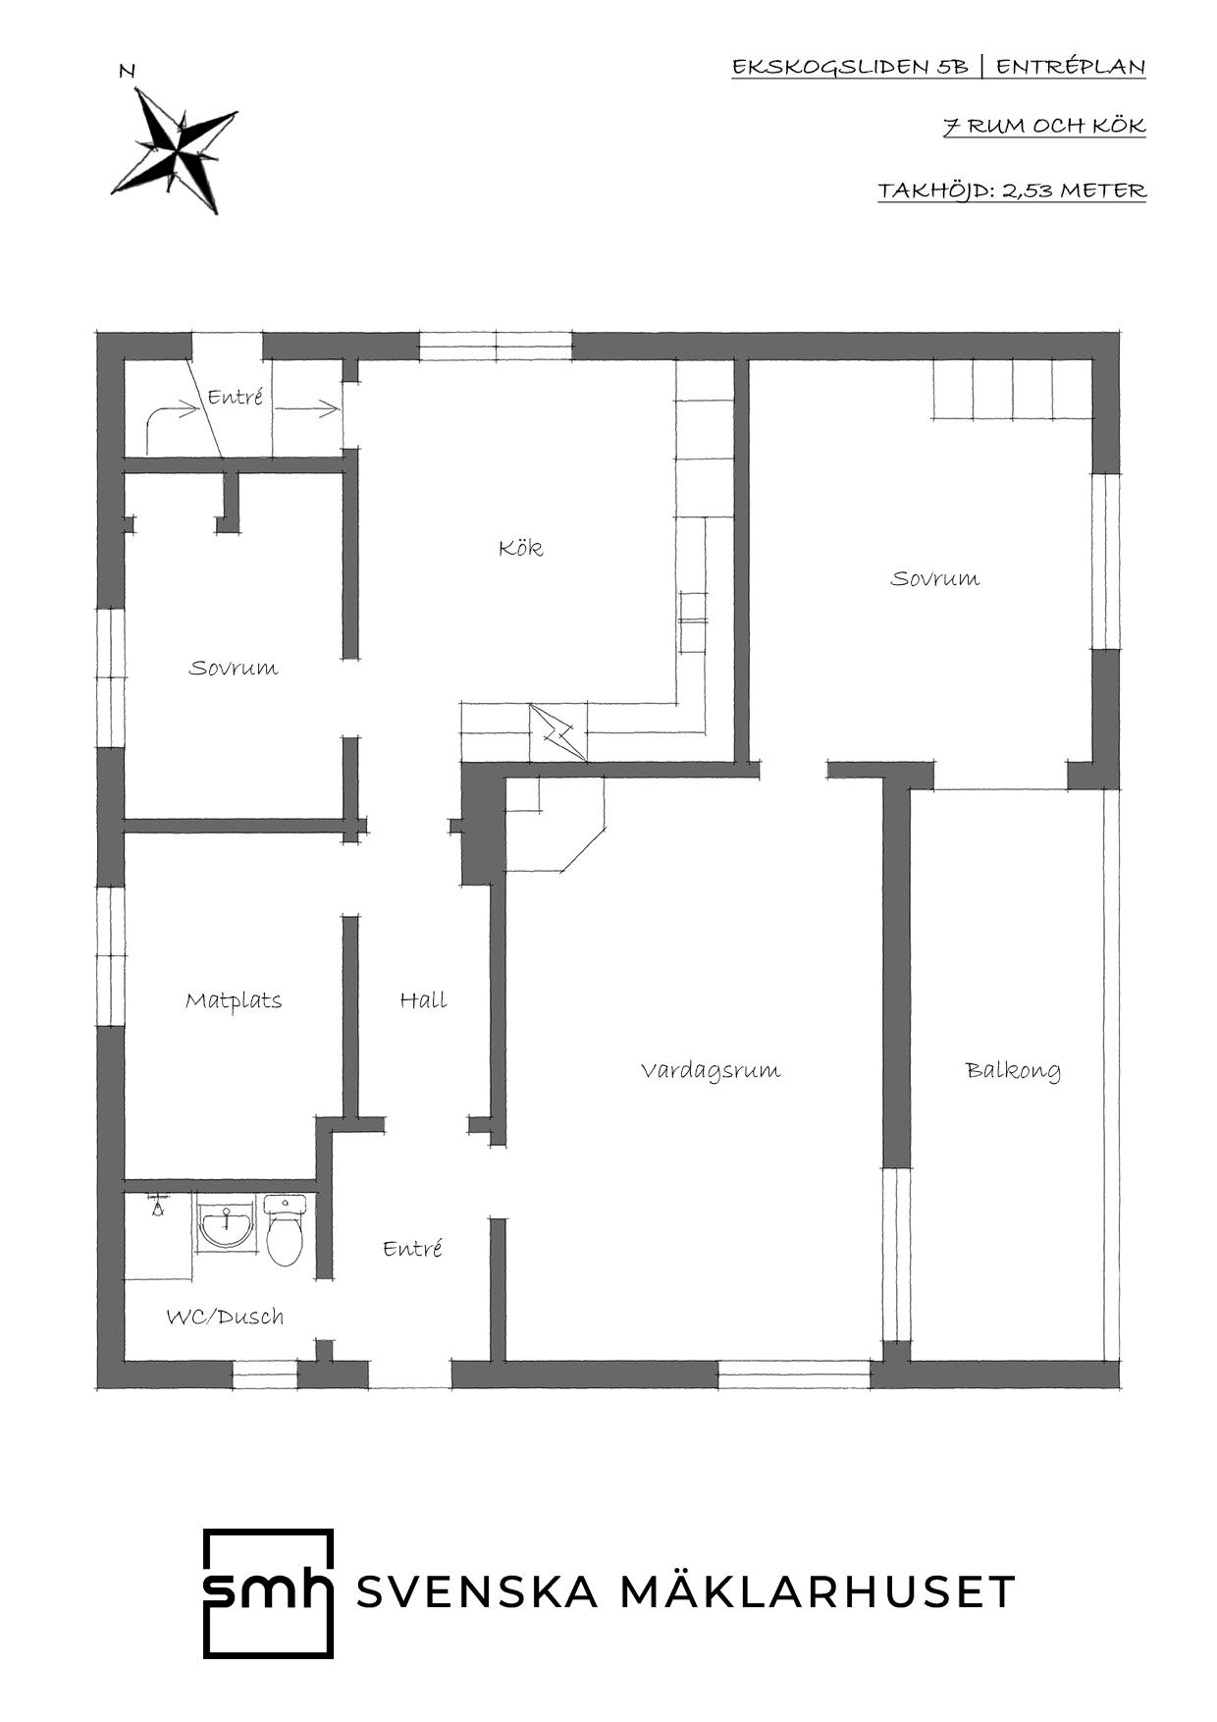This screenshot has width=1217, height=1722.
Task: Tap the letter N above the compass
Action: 127,71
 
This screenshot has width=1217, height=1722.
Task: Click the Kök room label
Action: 520,547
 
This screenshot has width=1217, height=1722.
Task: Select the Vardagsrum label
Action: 710,1069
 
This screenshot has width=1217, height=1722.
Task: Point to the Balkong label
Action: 1013,1070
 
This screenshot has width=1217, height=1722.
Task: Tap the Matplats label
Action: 234,1000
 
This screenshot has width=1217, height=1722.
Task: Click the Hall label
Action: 423,999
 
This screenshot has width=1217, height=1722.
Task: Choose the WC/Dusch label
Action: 225,1317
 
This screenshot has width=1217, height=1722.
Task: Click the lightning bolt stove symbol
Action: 557,732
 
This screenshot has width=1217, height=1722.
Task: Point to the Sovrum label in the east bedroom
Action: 934,578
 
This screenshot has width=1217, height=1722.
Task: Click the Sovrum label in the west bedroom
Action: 234,668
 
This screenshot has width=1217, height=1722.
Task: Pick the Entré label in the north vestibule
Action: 236,398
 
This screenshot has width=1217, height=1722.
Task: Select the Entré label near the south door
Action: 412,1248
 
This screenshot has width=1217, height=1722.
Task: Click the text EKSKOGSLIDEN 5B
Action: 850,67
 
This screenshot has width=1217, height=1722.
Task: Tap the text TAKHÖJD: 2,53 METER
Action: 1012,190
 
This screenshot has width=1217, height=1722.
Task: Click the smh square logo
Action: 268,1593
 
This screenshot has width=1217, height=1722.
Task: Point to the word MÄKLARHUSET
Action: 818,1591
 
